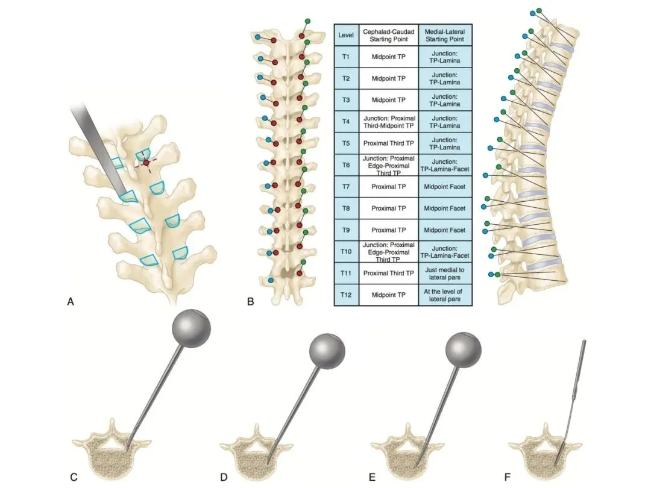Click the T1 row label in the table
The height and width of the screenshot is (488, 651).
346,57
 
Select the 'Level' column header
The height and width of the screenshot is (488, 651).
346,35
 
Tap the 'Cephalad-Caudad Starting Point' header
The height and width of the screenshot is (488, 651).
388,35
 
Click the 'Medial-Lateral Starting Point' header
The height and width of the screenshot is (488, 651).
445,35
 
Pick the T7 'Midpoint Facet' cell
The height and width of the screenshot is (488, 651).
445,187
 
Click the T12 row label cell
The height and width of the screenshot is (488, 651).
346,295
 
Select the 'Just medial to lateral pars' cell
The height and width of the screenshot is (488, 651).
445,273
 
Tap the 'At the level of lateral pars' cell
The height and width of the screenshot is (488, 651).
445,295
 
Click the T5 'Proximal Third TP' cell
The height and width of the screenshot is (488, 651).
388,143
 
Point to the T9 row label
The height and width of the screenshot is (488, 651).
346,230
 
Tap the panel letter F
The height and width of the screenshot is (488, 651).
507,477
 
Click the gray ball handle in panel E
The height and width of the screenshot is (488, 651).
463,349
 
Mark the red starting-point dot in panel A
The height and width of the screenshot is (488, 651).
146,163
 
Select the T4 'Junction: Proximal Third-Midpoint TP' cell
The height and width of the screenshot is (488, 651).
388,121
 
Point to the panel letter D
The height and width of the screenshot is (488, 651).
223,477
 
